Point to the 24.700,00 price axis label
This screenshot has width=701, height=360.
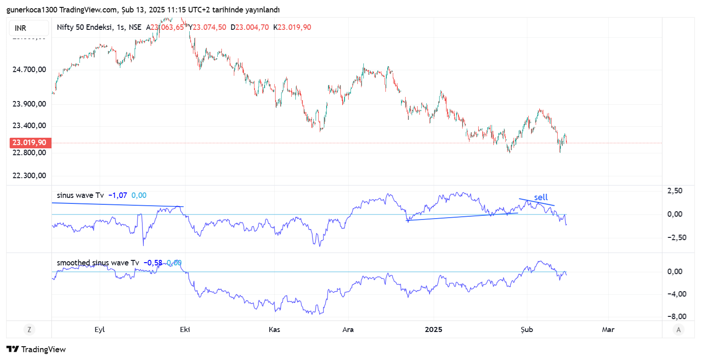point(29,70)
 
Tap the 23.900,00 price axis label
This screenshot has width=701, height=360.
point(29,104)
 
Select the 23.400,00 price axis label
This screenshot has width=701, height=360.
point(29,126)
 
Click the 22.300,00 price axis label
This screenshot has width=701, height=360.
point(29,175)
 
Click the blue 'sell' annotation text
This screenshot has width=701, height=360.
point(541,197)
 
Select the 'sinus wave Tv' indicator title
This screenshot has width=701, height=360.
point(80,195)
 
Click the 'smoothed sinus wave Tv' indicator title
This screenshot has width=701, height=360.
point(98,263)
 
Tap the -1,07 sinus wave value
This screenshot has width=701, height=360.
point(118,195)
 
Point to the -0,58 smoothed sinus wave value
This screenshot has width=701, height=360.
point(153,263)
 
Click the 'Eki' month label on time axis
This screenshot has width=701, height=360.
point(185,330)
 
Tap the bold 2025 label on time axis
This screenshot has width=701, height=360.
point(433,330)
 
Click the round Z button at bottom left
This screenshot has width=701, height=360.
point(29,329)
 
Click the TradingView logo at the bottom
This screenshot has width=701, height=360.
point(36,349)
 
